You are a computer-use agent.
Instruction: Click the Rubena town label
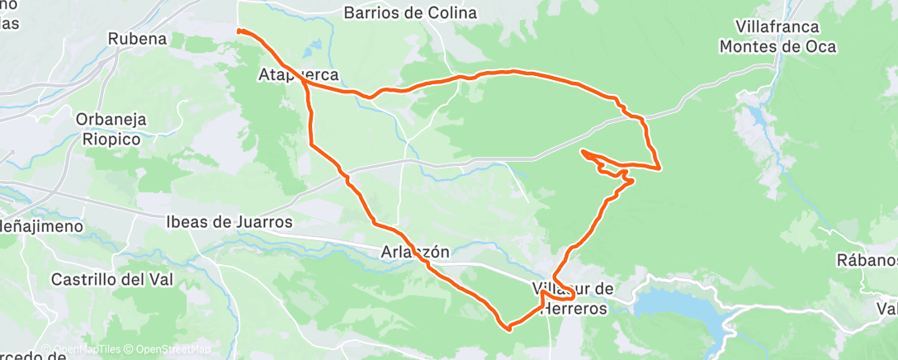pos(138,39)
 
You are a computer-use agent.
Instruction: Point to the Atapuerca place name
pos(298,75)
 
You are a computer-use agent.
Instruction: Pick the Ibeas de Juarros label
pos(229,222)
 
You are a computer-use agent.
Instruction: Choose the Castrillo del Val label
pos(112,280)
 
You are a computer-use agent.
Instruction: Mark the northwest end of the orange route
pos(239,31)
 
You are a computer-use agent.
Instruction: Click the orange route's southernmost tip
pos(508,328)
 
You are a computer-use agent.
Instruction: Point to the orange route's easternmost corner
pos(659,168)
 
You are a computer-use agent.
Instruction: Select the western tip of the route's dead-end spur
pos(583,152)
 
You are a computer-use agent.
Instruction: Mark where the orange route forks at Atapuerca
pos(305,83)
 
